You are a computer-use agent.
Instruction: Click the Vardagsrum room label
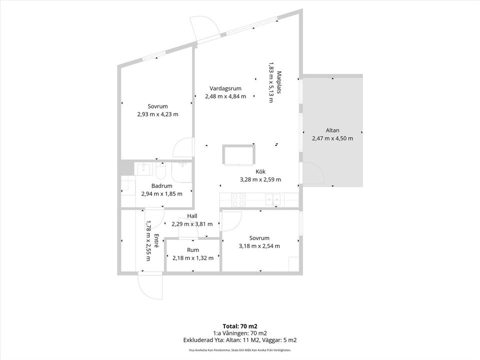225,88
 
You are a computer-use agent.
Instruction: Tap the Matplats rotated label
279,82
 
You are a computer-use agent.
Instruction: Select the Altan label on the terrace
332,130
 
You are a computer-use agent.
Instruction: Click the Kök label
260,171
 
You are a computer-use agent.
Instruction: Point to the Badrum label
161,186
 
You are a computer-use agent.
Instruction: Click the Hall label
192,216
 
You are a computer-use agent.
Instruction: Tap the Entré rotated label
156,241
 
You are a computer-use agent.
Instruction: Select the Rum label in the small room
193,250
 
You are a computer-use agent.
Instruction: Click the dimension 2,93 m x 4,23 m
157,114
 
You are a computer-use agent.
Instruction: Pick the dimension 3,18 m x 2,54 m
259,246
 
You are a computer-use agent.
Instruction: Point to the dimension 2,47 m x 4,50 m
332,138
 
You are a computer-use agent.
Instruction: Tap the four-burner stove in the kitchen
238,200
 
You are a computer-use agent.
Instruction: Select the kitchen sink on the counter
273,199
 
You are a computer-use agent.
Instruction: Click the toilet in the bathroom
160,171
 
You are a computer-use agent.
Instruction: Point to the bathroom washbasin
143,169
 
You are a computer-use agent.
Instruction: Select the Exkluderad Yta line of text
239,340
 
